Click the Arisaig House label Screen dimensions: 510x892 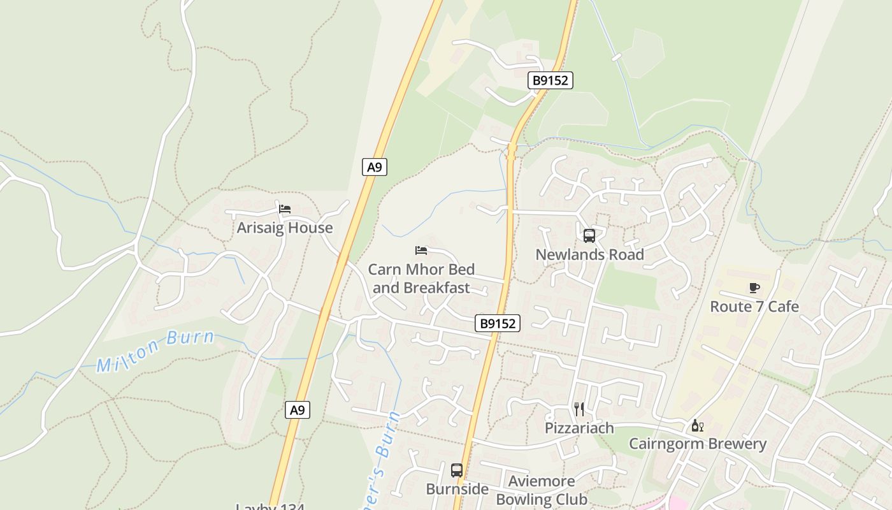[x=285, y=228]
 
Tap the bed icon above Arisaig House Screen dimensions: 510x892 [x=285, y=208]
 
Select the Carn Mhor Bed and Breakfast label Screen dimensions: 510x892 [x=421, y=279]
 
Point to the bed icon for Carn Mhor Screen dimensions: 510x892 [x=421, y=250]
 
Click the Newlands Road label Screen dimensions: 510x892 [x=589, y=254]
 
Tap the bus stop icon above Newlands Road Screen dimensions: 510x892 [x=589, y=236]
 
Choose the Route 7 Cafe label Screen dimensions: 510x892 [x=754, y=307]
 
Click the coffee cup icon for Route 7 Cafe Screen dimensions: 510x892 [x=754, y=288]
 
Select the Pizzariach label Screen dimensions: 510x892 [x=579, y=428]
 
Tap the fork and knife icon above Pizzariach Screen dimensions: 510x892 [x=579, y=409]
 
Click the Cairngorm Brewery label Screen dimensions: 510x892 [x=698, y=444]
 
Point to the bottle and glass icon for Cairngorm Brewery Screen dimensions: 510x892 [x=698, y=425]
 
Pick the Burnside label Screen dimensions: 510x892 [x=457, y=489]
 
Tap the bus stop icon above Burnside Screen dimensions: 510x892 [x=457, y=470]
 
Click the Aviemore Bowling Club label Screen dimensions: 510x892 [x=542, y=490]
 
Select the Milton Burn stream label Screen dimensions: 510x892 [x=155, y=351]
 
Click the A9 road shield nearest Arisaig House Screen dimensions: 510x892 [x=375, y=167]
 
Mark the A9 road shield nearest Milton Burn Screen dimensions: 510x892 [x=298, y=410]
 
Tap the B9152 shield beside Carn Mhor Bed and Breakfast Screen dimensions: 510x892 [x=498, y=323]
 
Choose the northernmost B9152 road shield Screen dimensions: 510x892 [x=550, y=80]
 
